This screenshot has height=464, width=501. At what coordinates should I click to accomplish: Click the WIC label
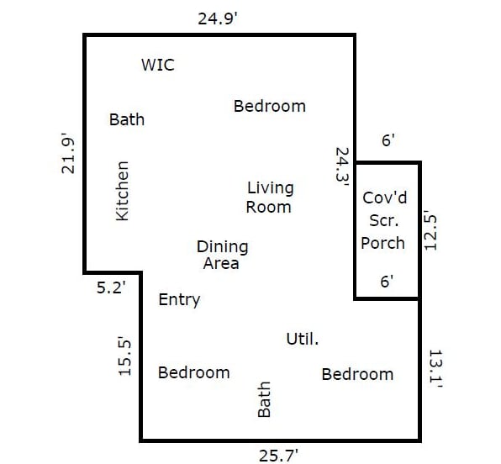click(x=158, y=65)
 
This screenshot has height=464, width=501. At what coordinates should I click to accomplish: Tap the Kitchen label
click(x=123, y=191)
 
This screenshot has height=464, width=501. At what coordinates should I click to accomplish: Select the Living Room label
click(x=269, y=198)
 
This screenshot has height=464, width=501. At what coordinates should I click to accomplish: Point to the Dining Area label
click(x=223, y=255)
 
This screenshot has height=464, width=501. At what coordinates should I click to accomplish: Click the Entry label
click(x=179, y=300)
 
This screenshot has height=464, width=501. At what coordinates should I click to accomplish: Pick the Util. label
click(x=303, y=339)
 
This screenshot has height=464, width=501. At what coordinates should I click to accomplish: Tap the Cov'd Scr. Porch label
click(x=384, y=220)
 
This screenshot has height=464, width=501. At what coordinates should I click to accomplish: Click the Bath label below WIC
click(x=127, y=120)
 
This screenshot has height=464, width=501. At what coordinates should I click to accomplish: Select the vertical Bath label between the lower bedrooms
click(x=264, y=399)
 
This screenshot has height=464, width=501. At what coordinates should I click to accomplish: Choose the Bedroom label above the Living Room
click(x=270, y=107)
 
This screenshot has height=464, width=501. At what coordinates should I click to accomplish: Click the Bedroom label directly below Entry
click(x=194, y=373)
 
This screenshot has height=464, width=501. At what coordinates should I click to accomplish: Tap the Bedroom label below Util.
click(x=357, y=375)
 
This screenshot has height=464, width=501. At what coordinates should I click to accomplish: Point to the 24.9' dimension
click(x=218, y=18)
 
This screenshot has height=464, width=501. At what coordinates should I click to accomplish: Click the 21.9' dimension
click(x=68, y=153)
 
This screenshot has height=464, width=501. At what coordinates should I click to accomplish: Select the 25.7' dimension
click(x=278, y=456)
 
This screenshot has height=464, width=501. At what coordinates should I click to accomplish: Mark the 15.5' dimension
click(x=124, y=356)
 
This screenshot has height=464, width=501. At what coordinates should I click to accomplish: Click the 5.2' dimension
click(x=111, y=288)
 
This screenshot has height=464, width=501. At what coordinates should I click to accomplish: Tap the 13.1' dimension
click(x=435, y=369)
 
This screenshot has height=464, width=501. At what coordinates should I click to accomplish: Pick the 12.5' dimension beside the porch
click(x=430, y=230)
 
